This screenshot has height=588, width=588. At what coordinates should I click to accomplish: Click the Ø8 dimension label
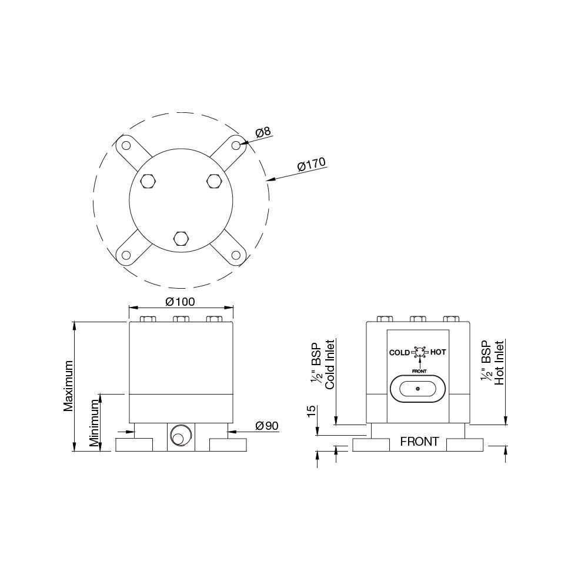click(263, 132)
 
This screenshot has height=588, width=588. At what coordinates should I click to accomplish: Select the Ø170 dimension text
click(311, 164)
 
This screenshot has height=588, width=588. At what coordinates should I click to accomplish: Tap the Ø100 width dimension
click(181, 302)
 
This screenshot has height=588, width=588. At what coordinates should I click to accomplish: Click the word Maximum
click(68, 385)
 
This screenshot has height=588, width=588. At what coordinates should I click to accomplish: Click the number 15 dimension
click(312, 411)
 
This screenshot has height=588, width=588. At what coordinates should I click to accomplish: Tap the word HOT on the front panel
click(438, 352)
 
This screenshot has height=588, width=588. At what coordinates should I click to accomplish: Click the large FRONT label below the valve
click(419, 442)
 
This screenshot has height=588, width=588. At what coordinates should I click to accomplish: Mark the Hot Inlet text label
click(500, 363)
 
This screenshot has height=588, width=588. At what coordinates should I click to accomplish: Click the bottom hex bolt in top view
click(181, 238)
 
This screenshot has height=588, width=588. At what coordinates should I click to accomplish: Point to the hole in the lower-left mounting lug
click(126, 256)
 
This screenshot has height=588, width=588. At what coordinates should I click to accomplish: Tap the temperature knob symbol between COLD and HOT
click(419, 353)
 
